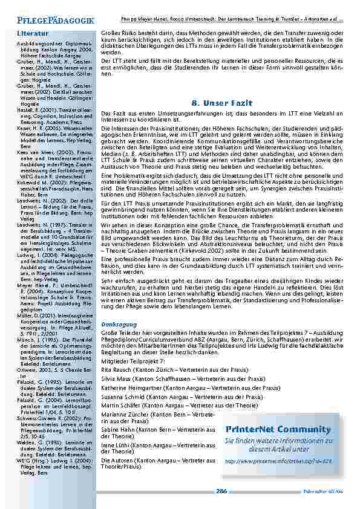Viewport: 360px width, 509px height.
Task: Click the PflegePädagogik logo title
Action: pyautogui.click(x=55, y=21)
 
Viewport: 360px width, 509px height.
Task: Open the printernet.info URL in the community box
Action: pyautogui.click(x=278, y=460)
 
